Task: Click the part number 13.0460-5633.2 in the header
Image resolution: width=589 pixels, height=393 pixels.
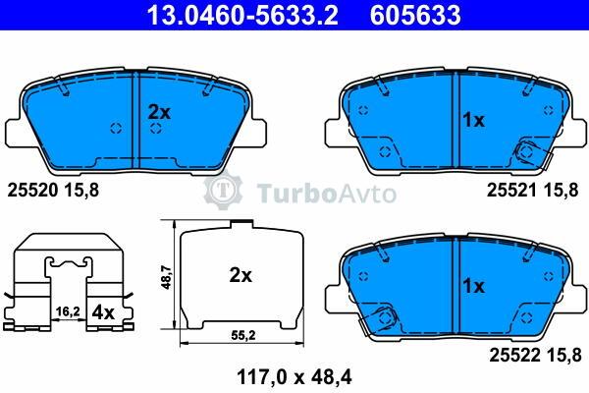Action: tap(242, 15)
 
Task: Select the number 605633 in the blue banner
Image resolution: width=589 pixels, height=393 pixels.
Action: tap(415, 15)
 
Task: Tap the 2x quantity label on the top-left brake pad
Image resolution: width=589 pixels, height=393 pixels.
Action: tap(159, 112)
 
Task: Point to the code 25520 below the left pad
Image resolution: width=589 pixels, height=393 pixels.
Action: tap(33, 191)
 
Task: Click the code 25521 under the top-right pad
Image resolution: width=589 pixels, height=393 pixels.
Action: tap(512, 191)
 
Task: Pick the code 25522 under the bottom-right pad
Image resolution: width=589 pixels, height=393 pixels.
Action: tap(514, 355)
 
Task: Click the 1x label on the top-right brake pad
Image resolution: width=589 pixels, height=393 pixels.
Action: tap(474, 120)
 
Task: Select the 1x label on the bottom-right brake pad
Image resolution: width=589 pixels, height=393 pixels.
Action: tap(474, 287)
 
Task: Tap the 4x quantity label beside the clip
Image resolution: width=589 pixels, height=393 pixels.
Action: tap(103, 312)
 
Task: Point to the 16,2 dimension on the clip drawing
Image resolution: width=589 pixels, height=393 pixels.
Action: tap(68, 311)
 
